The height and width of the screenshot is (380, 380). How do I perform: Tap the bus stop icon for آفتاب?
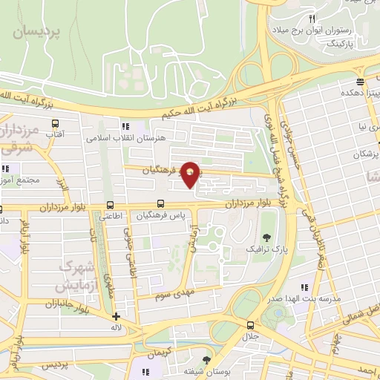click(54, 123)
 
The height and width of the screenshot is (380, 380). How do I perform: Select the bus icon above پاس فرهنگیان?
click(160, 203)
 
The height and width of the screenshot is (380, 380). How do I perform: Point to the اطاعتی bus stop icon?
click(110, 206)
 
